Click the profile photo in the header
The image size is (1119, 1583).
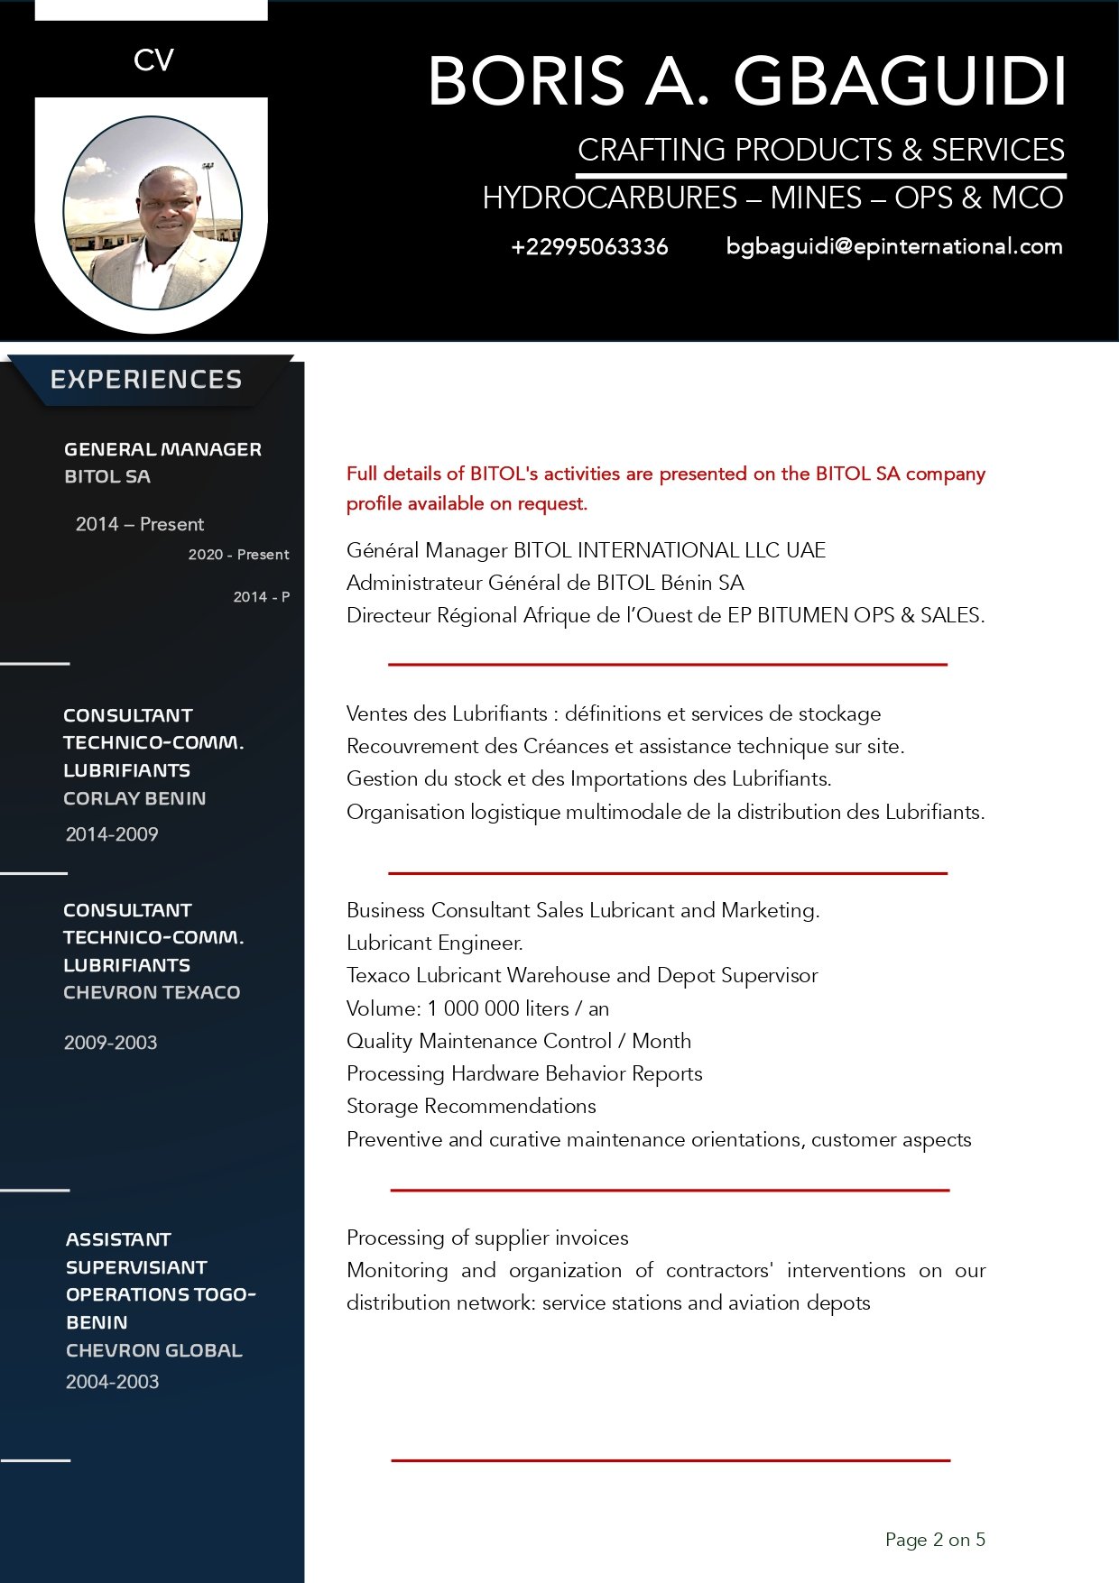pyautogui.click(x=153, y=213)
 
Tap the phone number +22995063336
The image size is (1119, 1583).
pyautogui.click(x=589, y=247)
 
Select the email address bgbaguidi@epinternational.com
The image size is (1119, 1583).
pyautogui.click(x=893, y=246)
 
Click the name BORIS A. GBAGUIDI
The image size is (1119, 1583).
pyautogui.click(x=746, y=81)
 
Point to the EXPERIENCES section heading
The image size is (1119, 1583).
pyautogui.click(x=146, y=380)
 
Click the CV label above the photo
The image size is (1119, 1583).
pyautogui.click(x=153, y=60)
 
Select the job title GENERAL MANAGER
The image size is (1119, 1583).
pyautogui.click(x=162, y=449)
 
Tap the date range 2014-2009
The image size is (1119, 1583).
pyautogui.click(x=112, y=834)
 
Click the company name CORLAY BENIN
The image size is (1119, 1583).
pyautogui.click(x=134, y=798)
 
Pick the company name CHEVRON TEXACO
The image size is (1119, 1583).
pyautogui.click(x=152, y=992)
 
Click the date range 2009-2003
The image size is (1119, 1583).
pyautogui.click(x=110, y=1043)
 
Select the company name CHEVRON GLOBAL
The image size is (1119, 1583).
pyautogui.click(x=153, y=1350)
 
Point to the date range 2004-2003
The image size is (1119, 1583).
pyautogui.click(x=112, y=1382)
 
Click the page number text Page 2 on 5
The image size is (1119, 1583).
pyautogui.click(x=935, y=1540)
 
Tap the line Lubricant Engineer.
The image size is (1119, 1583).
pyautogui.click(x=435, y=943)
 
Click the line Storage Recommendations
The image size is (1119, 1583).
pyautogui.click(x=471, y=1107)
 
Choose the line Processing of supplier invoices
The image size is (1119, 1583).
pyautogui.click(x=487, y=1238)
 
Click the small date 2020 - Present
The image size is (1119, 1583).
pyautogui.click(x=238, y=555)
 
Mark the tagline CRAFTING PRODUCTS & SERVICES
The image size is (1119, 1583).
pyautogui.click(x=820, y=150)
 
